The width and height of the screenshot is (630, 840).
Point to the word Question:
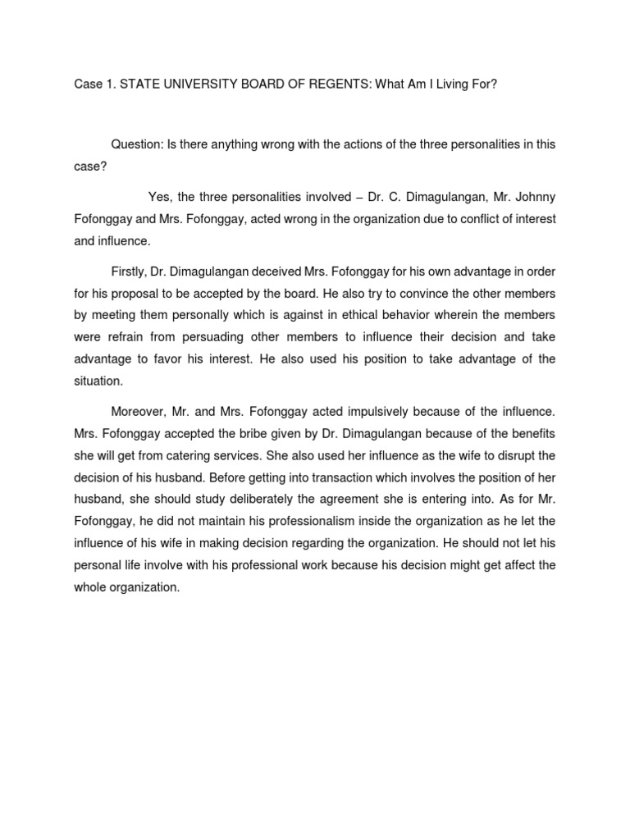click(137, 144)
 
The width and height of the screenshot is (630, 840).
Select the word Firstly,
click(133, 272)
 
